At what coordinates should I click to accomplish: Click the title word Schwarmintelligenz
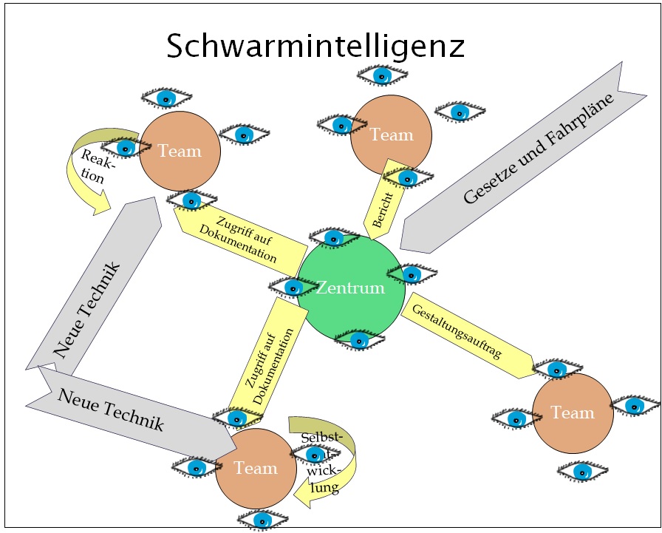tap(315, 46)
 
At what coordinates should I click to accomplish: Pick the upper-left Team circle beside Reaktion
tap(180, 152)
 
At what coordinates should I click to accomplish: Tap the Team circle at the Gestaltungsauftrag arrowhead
tap(573, 413)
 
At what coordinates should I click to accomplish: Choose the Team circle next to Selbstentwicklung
tap(256, 468)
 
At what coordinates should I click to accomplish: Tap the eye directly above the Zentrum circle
tap(335, 237)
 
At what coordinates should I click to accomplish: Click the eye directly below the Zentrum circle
tap(359, 340)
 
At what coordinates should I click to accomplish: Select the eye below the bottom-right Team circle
tap(582, 470)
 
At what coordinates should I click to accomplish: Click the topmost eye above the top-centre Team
tap(381, 75)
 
